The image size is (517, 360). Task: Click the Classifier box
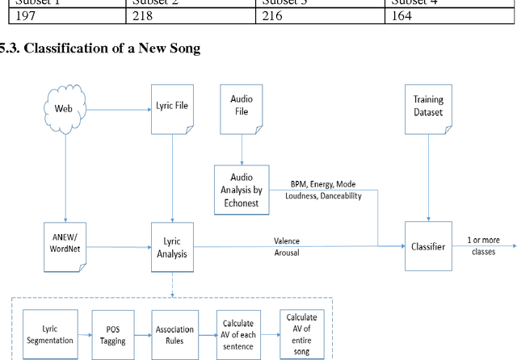click(427, 246)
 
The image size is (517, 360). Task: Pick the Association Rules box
click(175, 334)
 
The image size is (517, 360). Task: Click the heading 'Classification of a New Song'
click(105, 48)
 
